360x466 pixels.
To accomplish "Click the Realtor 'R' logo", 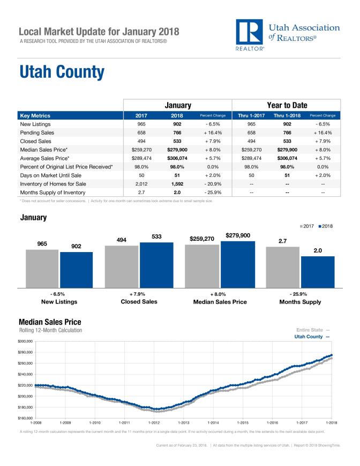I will (x=249, y=33).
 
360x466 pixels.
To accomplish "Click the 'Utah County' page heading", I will (x=62, y=72).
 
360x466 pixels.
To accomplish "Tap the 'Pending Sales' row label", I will (x=38, y=132).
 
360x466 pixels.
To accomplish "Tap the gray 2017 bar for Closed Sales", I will (x=122, y=266).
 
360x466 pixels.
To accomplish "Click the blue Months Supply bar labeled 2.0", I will (x=317, y=271).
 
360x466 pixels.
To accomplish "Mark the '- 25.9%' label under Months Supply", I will (x=300, y=294).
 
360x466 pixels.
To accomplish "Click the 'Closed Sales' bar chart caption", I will (x=139, y=302).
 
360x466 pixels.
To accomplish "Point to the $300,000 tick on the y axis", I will (x=26, y=341).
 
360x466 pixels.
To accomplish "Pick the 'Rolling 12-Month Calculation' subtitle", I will (x=50, y=330).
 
